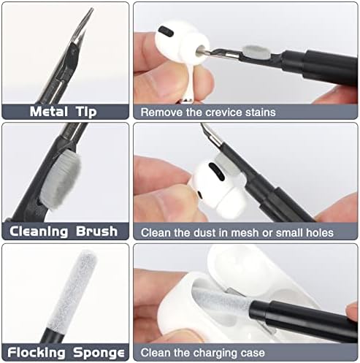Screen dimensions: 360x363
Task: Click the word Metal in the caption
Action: [49, 112]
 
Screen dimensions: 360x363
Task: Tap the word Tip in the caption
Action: [86, 112]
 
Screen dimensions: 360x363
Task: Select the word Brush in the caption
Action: [96, 231]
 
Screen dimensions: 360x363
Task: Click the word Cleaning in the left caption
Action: [39, 232]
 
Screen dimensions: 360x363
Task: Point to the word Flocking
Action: [37, 353]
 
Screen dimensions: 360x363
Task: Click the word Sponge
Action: [99, 353]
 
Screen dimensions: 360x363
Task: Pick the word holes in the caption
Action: [320, 233]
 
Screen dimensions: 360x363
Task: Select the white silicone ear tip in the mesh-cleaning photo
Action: [231, 202]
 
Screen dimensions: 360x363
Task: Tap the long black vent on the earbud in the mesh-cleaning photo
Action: [217, 172]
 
